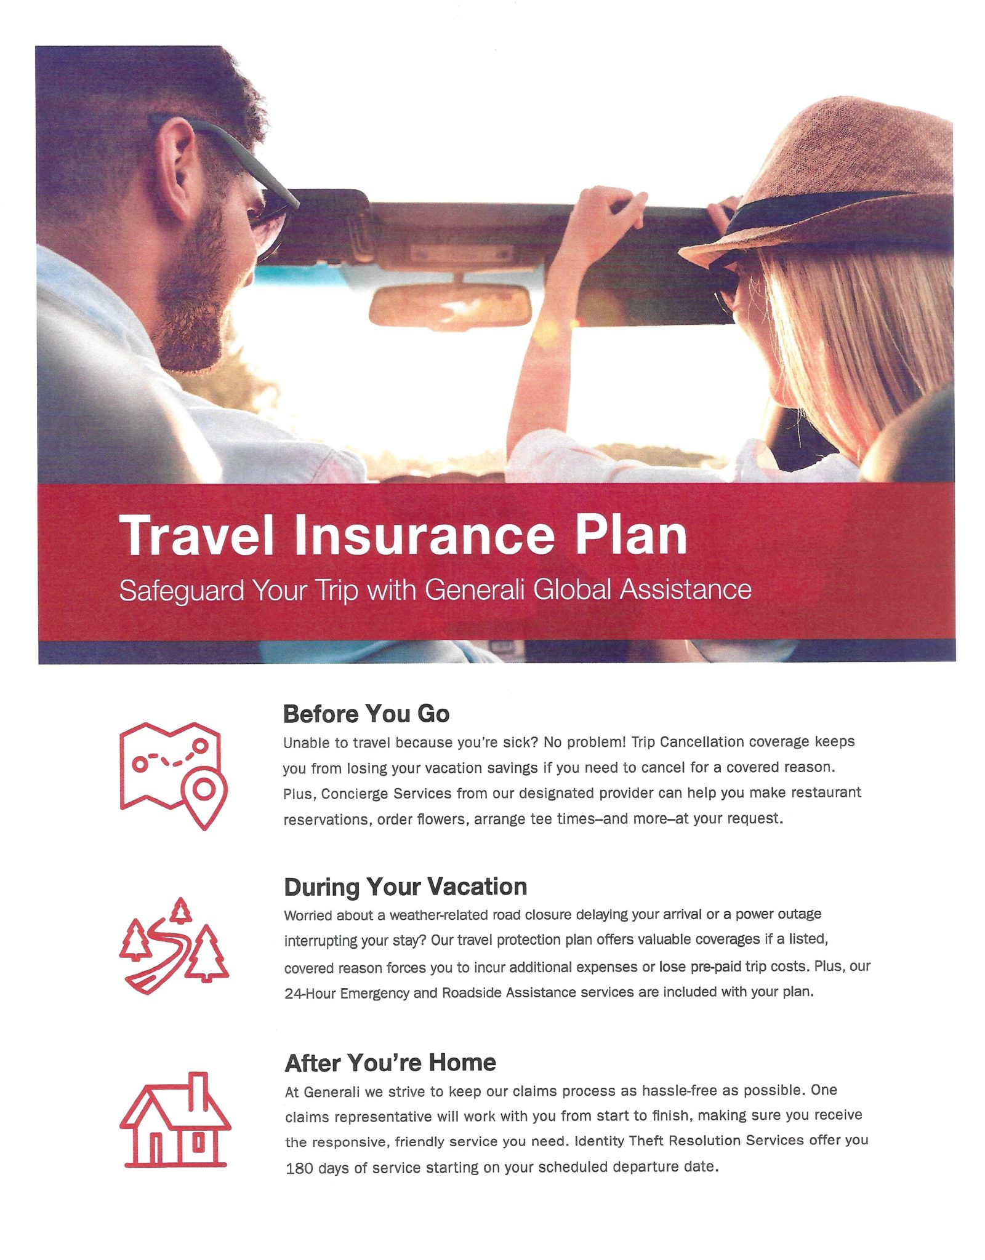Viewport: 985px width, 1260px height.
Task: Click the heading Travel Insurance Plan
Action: (403, 535)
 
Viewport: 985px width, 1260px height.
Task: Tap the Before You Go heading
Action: (366, 714)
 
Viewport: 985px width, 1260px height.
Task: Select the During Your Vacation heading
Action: (406, 887)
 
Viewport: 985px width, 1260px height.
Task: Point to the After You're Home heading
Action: (390, 1063)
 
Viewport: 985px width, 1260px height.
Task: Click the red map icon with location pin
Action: (173, 776)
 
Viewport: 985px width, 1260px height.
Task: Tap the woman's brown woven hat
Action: (825, 181)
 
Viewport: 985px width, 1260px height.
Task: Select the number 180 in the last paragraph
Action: (299, 1168)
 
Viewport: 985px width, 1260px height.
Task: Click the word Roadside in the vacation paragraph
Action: (472, 992)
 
